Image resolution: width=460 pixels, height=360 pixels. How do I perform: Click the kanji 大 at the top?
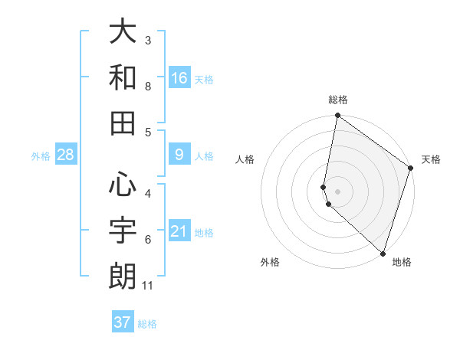pyautogui.click(x=123, y=32)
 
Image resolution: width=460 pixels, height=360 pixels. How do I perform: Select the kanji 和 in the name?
pyautogui.click(x=123, y=77)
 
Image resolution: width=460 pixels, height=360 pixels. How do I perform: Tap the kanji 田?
pyautogui.click(x=123, y=122)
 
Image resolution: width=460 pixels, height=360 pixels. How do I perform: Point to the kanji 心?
pyautogui.click(x=123, y=184)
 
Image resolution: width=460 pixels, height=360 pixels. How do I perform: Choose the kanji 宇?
pyautogui.click(x=123, y=229)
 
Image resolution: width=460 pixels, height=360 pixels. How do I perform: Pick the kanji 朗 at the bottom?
pyautogui.click(x=123, y=275)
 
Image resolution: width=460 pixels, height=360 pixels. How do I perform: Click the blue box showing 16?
pyautogui.click(x=179, y=77)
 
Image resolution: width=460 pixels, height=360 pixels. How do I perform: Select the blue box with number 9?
pyautogui.click(x=179, y=155)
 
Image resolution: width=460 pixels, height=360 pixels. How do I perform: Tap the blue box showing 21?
pyautogui.click(x=179, y=231)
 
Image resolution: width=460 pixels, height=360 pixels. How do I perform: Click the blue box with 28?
pyautogui.click(x=66, y=155)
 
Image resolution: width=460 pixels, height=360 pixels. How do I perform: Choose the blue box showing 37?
pyautogui.click(x=123, y=322)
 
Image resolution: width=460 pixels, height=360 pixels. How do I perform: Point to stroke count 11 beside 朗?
pyautogui.click(x=149, y=286)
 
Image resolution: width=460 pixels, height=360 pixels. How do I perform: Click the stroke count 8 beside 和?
pyautogui.click(x=148, y=87)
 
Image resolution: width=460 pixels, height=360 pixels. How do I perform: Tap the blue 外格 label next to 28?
pyautogui.click(x=41, y=156)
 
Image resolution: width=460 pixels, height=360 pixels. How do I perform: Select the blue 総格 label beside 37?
pyautogui.click(x=147, y=323)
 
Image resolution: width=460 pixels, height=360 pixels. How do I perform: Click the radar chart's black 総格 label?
pyautogui.click(x=337, y=100)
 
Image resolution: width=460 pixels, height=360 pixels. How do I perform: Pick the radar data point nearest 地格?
pyautogui.click(x=382, y=254)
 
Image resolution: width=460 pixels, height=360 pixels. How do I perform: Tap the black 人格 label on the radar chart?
pyautogui.click(x=245, y=159)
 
